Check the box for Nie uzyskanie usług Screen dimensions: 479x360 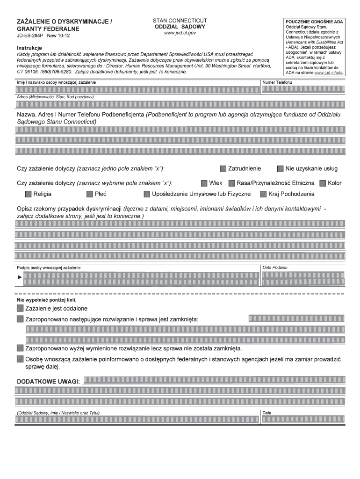(281, 169)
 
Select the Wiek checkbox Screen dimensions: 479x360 (204, 182)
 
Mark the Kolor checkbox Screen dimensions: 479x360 (323, 182)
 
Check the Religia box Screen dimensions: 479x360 (28, 194)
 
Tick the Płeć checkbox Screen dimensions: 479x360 (90, 194)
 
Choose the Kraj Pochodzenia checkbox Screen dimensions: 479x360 (263, 194)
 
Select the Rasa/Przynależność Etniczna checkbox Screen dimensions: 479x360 (232, 182)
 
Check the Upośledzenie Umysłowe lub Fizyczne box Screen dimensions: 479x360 (147, 194)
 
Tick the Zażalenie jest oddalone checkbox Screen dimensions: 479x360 (20, 309)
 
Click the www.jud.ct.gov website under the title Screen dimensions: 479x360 (180, 33)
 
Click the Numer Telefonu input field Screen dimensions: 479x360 (303, 90)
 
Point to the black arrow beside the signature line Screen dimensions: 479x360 (20, 278)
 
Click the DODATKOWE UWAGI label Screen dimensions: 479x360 (48, 381)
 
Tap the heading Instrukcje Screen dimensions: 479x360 (29, 48)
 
